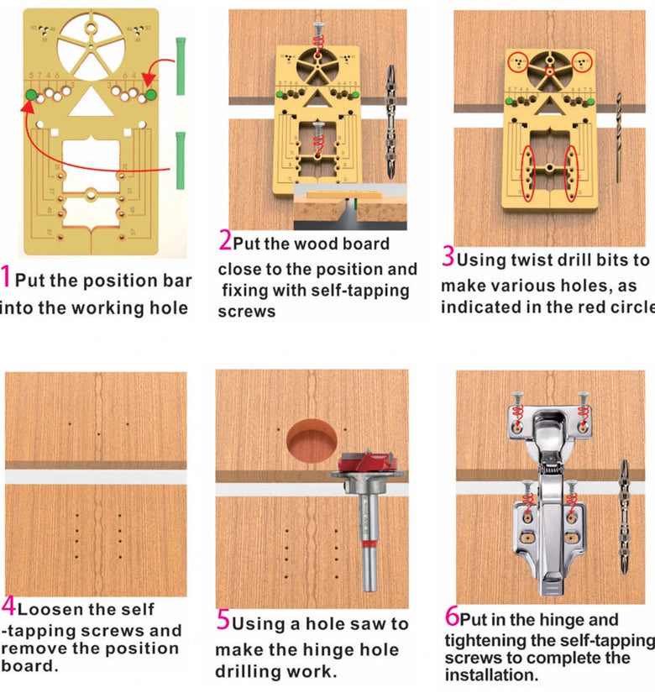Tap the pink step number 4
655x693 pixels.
8,606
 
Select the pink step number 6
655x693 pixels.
452,617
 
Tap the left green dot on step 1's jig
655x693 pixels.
31,96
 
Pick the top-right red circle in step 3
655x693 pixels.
583,61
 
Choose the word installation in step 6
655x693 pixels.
493,675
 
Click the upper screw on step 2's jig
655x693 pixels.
318,34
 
